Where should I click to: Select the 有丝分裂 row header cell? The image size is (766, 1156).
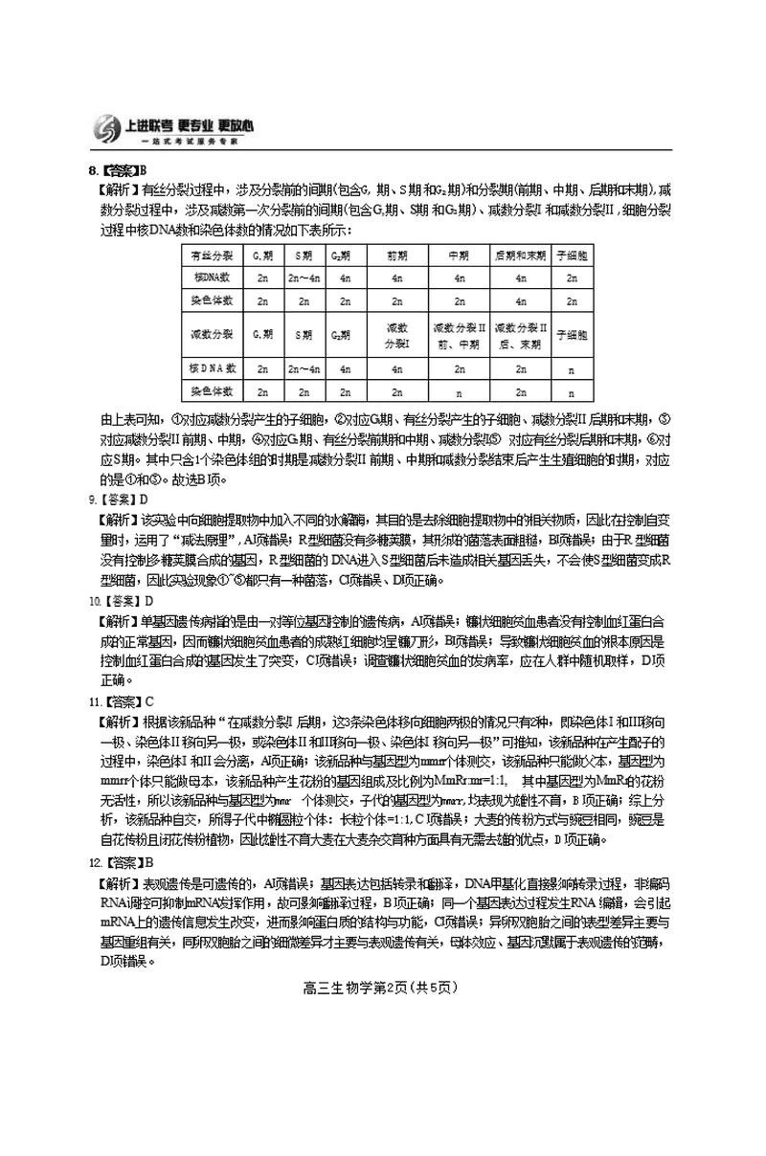[211, 256]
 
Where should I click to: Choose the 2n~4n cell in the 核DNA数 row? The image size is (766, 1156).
[304, 278]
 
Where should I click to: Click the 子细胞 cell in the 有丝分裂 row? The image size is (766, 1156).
[572, 256]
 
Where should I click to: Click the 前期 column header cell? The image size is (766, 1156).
[397, 256]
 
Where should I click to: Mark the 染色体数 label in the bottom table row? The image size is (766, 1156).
[211, 391]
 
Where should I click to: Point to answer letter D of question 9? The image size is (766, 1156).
[144, 500]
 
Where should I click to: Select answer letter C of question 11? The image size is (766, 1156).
[148, 700]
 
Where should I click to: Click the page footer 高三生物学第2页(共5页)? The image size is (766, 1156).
[382, 989]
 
